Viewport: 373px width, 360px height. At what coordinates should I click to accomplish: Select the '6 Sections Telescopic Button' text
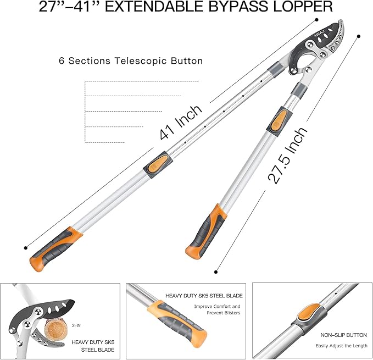[x=131, y=60]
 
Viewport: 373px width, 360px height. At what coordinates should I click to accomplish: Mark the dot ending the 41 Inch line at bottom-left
[x=26, y=247]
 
